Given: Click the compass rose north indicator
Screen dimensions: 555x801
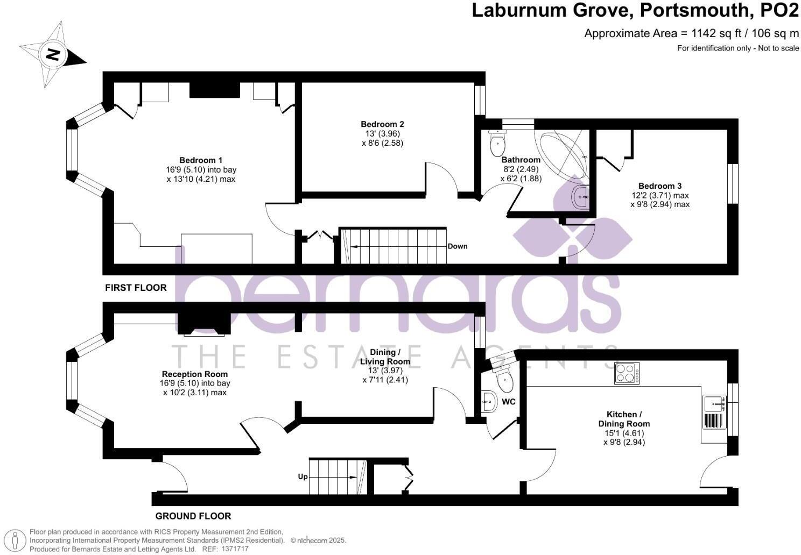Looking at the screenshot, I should tap(53, 54).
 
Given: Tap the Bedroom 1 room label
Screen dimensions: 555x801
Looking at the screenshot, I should tap(201, 160).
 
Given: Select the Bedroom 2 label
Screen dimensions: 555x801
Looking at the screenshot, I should tap(382, 124).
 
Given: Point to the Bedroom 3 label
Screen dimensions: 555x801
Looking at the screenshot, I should tap(660, 186).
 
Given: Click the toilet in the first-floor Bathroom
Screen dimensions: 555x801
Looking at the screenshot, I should tap(497, 143).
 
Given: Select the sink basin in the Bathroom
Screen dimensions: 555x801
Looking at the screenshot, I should tap(580, 197).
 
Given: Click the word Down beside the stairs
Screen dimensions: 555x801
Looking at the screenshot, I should tap(458, 246).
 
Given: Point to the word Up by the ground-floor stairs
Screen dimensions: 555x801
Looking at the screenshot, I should tap(303, 476).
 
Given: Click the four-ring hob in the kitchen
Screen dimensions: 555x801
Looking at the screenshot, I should tap(627, 373).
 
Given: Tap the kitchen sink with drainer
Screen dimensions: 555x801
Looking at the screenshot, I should tap(714, 412).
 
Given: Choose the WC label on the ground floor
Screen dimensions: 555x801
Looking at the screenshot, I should tap(509, 402).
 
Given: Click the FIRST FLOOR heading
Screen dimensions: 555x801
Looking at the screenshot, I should tap(136, 288).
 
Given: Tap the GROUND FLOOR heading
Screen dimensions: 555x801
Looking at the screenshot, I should tap(193, 516).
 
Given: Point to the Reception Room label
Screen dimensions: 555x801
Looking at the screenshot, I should tap(195, 374).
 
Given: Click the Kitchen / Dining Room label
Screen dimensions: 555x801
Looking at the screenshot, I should tap(624, 419).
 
